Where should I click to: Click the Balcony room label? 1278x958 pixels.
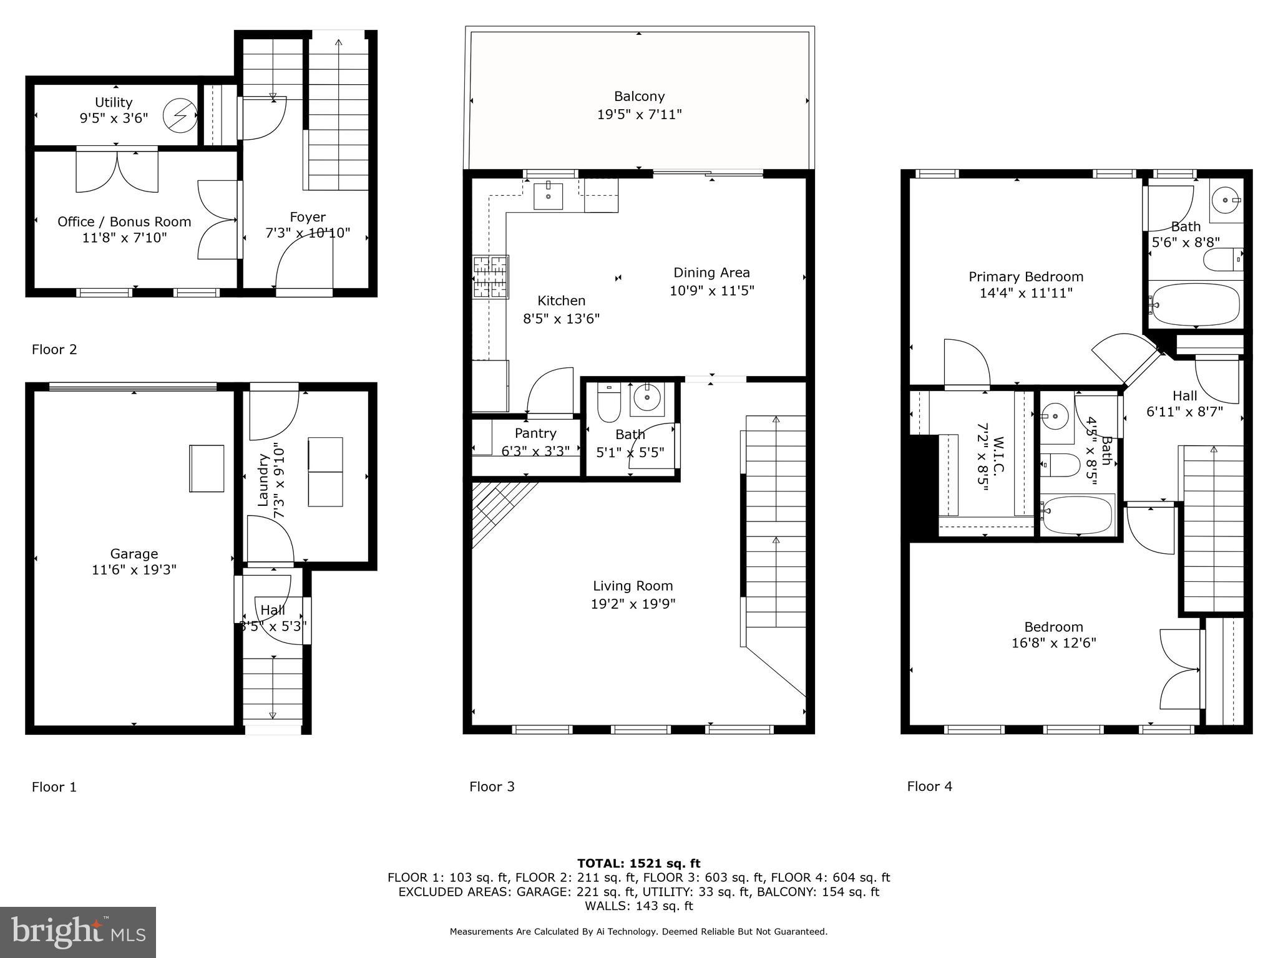point(639,96)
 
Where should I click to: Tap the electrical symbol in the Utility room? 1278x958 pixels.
point(179,115)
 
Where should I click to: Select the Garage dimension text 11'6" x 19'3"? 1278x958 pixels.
point(134,569)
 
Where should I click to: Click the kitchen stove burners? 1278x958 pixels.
point(490,276)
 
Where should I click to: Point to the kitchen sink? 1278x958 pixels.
point(549,196)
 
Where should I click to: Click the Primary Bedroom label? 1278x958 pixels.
point(1025,276)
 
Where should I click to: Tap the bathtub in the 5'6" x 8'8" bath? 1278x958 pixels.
point(1194,305)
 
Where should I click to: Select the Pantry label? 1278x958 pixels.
point(535,433)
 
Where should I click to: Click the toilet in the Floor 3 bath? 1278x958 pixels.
point(608,404)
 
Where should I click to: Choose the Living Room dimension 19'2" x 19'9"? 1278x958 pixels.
point(633,604)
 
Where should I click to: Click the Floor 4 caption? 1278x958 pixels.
point(929,786)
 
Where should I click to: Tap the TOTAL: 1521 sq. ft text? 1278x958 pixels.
point(638,863)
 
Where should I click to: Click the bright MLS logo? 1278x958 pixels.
point(78,932)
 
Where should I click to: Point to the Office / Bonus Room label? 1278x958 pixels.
point(124,221)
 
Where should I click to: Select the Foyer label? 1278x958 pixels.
point(308,216)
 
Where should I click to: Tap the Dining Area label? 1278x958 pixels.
point(711,273)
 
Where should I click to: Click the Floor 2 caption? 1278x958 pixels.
point(54,349)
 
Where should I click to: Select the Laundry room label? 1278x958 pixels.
point(262,480)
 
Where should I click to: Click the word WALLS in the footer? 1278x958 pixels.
point(606,906)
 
